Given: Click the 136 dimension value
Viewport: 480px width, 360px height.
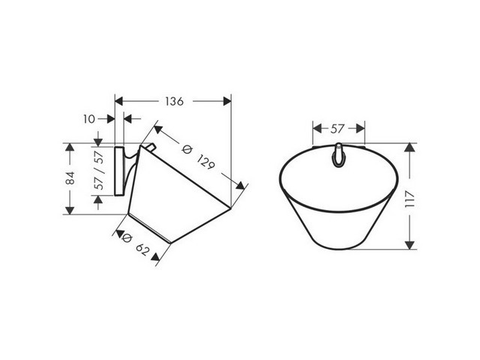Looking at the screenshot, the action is point(174,101).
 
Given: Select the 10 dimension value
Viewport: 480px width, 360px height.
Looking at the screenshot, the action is point(89,119).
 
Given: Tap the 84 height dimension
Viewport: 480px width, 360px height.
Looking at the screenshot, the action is point(70,178).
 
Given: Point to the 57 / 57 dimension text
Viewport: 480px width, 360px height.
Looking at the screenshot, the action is point(100,170).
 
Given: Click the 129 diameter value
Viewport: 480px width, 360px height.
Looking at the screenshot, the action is point(205,162).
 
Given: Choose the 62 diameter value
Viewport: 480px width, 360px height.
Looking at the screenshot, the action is point(142,250).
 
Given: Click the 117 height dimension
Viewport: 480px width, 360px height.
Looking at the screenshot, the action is point(409,199).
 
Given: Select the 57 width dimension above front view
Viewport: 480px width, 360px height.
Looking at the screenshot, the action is point(337,129).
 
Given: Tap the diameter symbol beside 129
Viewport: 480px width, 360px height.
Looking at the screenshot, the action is point(187,149).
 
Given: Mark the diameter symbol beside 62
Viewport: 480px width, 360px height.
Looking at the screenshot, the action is point(127,238).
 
